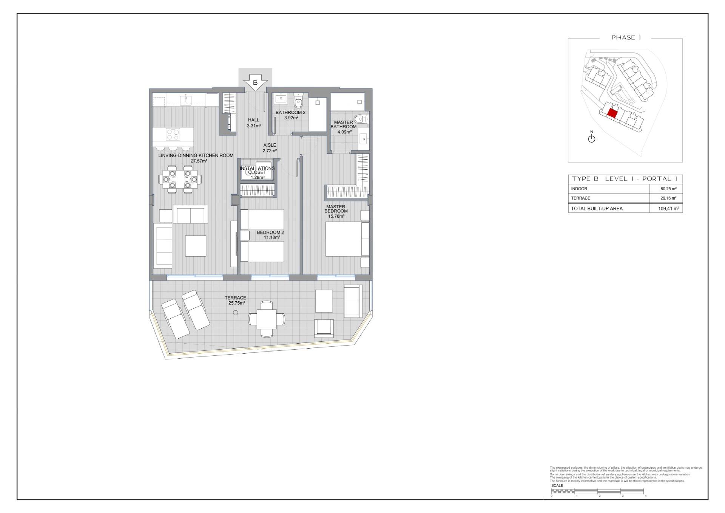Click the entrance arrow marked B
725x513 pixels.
(x=255, y=83)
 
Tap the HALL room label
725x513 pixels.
(x=254, y=120)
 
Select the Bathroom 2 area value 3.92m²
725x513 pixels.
(x=291, y=118)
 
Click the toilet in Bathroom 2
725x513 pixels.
(x=299, y=101)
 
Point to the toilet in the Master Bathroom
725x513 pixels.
(x=361, y=119)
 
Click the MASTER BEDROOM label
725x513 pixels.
(x=336, y=209)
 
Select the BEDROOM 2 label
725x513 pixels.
(x=270, y=232)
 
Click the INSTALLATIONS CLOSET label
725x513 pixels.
(x=257, y=170)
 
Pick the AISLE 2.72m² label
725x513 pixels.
(x=270, y=148)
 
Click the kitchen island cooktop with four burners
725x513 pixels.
(x=173, y=134)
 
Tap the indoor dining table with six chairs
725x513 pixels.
(x=180, y=179)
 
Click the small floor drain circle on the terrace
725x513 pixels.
(x=236, y=313)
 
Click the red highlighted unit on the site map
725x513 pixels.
(x=612, y=113)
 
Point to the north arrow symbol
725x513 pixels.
(x=592, y=138)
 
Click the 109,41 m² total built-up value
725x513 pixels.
(x=668, y=208)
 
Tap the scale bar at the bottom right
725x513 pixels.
(x=597, y=491)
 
